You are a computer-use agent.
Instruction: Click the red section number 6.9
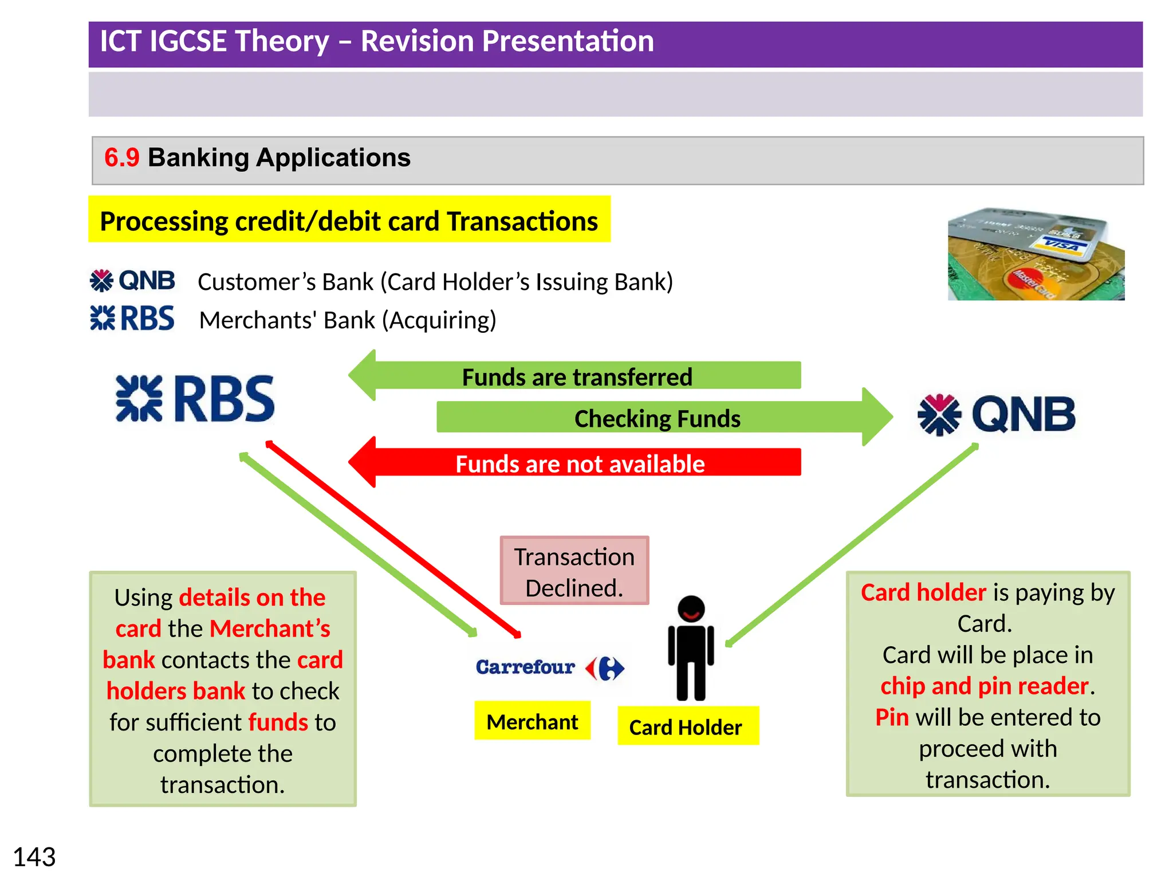121,158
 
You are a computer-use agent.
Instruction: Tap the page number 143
34,857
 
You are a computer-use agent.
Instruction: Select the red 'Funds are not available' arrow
578,463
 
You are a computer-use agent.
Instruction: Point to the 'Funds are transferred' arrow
576,377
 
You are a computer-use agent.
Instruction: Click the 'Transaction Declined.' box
574,571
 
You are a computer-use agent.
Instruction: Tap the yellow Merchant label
532,721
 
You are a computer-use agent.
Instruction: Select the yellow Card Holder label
687,726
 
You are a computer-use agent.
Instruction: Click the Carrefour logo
549,667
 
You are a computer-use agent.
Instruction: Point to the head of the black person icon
691,610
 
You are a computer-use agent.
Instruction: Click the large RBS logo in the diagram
195,399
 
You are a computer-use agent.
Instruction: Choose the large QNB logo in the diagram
997,414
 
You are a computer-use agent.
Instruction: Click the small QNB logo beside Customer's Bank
132,281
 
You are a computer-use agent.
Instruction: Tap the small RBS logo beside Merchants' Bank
132,318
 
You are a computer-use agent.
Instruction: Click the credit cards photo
1036,254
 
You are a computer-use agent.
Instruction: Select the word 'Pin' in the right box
892,717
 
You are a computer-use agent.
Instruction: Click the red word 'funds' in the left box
278,722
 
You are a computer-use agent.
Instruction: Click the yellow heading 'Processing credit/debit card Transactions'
349,221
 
